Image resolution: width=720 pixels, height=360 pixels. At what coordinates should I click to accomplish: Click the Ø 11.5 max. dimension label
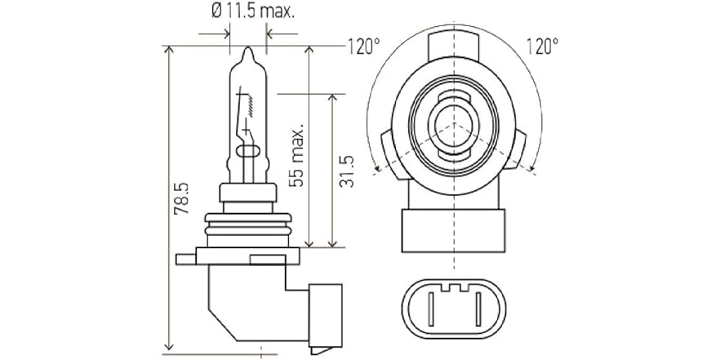tap(252, 12)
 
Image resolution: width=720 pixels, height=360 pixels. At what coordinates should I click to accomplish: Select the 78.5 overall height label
tap(182, 198)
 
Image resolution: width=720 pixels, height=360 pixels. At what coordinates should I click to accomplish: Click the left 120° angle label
tap(364, 46)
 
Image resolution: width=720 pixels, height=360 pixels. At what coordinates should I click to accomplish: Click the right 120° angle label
tap(543, 46)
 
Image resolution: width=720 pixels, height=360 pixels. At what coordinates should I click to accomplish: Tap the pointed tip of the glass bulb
tap(248, 51)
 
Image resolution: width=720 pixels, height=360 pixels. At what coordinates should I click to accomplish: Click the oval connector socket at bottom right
tap(453, 308)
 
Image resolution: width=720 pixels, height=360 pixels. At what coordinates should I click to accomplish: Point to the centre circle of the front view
tap(452, 124)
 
